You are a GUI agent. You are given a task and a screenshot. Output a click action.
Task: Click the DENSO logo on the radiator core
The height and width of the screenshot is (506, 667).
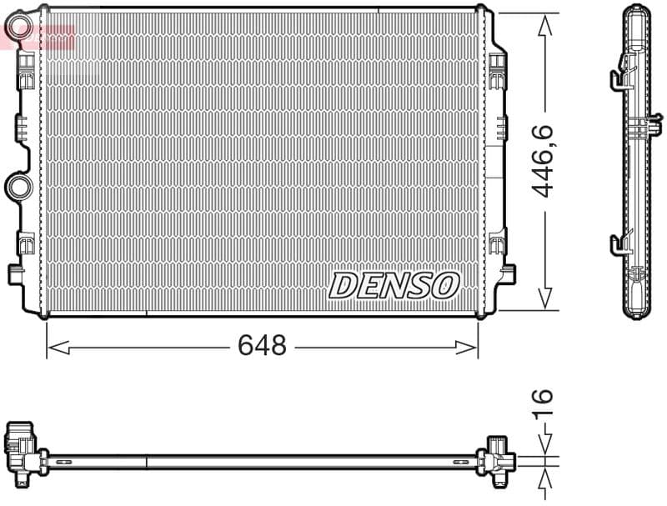tap(394, 285)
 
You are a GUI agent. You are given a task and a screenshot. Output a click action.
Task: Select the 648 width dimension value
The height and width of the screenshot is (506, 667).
tap(262, 345)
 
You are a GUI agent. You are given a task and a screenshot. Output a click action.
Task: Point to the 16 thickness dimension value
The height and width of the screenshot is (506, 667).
tap(544, 403)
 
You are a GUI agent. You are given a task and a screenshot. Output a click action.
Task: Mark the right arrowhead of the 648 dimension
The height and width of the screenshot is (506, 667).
tap(471, 346)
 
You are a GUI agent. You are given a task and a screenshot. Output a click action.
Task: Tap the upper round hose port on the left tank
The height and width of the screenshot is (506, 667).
tap(18, 30)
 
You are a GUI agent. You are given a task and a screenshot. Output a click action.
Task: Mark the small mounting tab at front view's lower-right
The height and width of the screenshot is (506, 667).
tap(506, 273)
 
